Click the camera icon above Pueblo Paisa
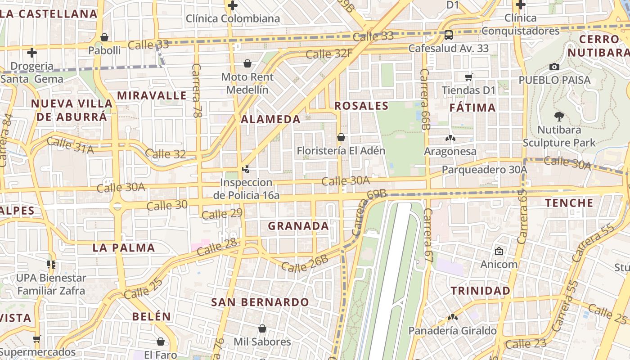(x=554, y=67)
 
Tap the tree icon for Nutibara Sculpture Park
(x=559, y=117)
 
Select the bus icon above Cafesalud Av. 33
(x=448, y=35)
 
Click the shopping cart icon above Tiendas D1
(x=469, y=77)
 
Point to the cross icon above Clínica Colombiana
(x=233, y=5)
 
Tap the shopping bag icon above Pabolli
(x=104, y=37)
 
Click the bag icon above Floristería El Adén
(x=341, y=137)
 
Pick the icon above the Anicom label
(x=499, y=251)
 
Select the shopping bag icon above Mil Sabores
(x=262, y=329)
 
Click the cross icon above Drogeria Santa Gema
(x=31, y=53)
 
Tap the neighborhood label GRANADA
(x=298, y=226)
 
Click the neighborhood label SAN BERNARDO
(x=260, y=302)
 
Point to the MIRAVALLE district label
(x=152, y=95)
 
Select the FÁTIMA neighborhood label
(x=472, y=108)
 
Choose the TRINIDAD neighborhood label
(x=481, y=291)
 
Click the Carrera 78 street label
(x=197, y=90)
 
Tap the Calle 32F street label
(x=329, y=54)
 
